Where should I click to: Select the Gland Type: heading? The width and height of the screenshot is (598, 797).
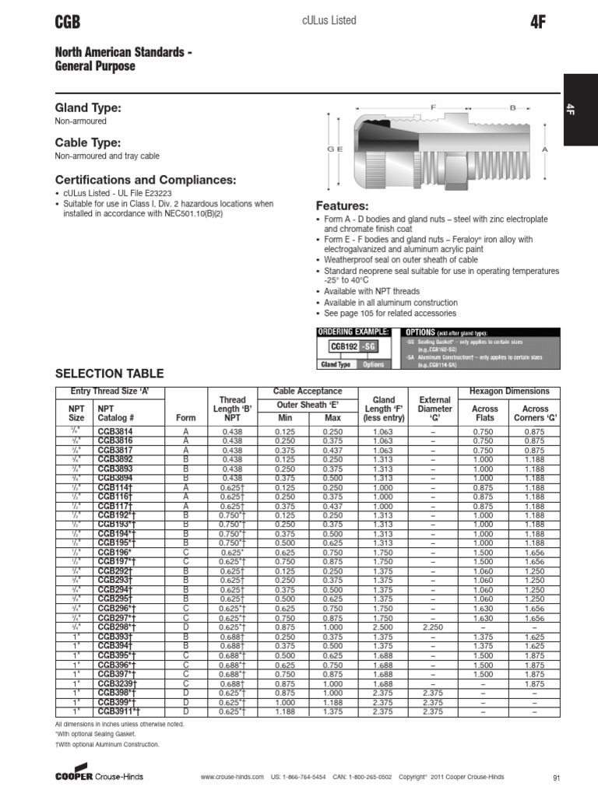[87, 107]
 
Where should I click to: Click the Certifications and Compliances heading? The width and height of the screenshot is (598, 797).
[145, 180]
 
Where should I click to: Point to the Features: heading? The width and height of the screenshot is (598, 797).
[342, 206]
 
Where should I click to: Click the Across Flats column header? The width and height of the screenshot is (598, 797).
[485, 413]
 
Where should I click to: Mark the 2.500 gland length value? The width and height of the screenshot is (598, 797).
[383, 627]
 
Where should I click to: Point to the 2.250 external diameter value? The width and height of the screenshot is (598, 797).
[434, 627]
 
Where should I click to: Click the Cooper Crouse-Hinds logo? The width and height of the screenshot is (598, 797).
[99, 775]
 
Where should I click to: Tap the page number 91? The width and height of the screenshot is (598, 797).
[556, 777]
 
